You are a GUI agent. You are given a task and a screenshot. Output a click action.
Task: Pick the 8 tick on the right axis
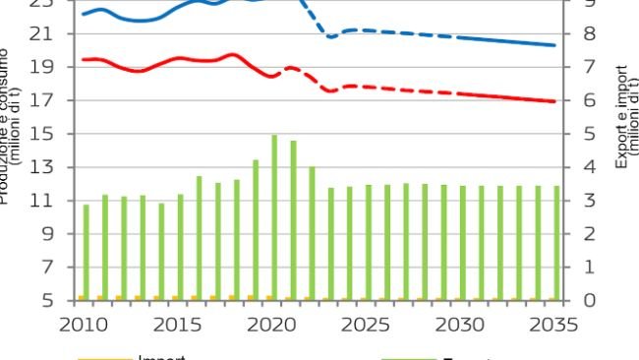588,34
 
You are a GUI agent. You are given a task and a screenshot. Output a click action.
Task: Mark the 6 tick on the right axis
588,100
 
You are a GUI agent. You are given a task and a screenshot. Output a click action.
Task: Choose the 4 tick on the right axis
588,167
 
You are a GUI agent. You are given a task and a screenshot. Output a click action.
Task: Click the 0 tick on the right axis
588,300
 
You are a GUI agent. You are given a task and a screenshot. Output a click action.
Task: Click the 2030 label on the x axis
458,324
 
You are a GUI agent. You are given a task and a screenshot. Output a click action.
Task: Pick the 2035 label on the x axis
552,324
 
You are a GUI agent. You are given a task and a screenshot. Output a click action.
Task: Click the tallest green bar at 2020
274,216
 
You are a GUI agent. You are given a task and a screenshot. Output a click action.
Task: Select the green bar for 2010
87,252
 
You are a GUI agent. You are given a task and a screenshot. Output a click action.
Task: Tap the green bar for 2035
556,242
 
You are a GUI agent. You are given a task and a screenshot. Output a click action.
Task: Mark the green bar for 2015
180,247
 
